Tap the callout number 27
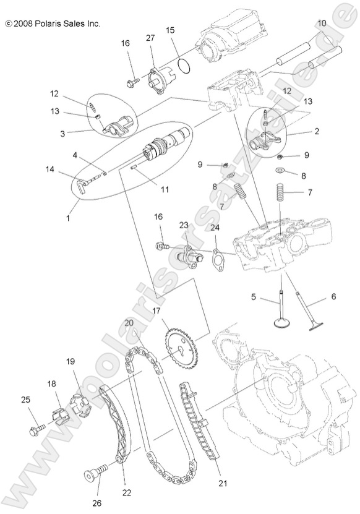click(x=150, y=38)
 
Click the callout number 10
click(x=322, y=23)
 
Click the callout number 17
click(x=156, y=311)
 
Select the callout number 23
click(x=184, y=225)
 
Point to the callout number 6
click(x=333, y=296)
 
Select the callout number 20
click(x=128, y=322)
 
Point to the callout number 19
click(x=71, y=361)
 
